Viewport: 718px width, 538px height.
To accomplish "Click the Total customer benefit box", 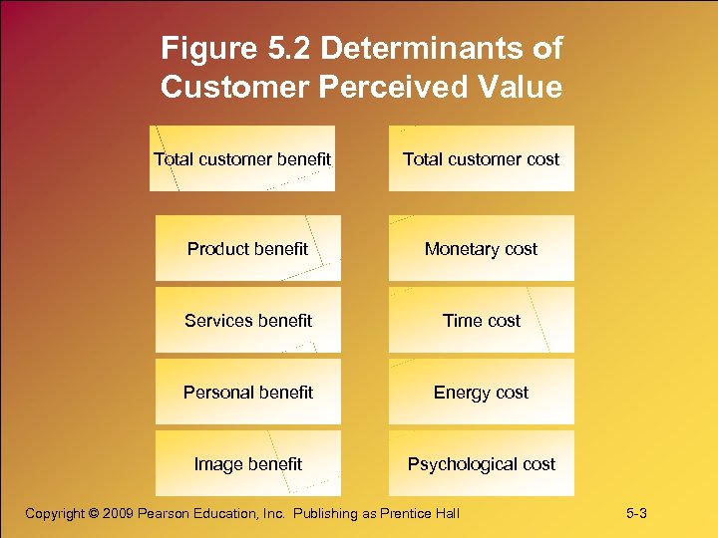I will click(x=242, y=158).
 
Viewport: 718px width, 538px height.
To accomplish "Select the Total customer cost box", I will click(x=481, y=158).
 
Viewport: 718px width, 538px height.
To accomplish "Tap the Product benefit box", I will click(x=247, y=248).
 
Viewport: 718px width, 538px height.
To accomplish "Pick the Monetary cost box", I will click(x=481, y=248).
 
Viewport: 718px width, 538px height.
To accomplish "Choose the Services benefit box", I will click(x=247, y=320).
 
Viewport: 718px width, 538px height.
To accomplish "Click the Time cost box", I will click(x=481, y=320).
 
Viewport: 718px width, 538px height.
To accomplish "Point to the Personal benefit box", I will click(x=247, y=392).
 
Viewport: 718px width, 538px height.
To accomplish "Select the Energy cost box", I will click(x=481, y=392).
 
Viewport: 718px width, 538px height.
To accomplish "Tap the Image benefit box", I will click(x=247, y=463).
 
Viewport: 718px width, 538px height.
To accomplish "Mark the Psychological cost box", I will click(x=481, y=463).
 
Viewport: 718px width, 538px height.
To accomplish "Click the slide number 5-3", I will click(x=636, y=513).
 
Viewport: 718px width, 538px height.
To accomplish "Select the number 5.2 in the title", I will click(x=288, y=48).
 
